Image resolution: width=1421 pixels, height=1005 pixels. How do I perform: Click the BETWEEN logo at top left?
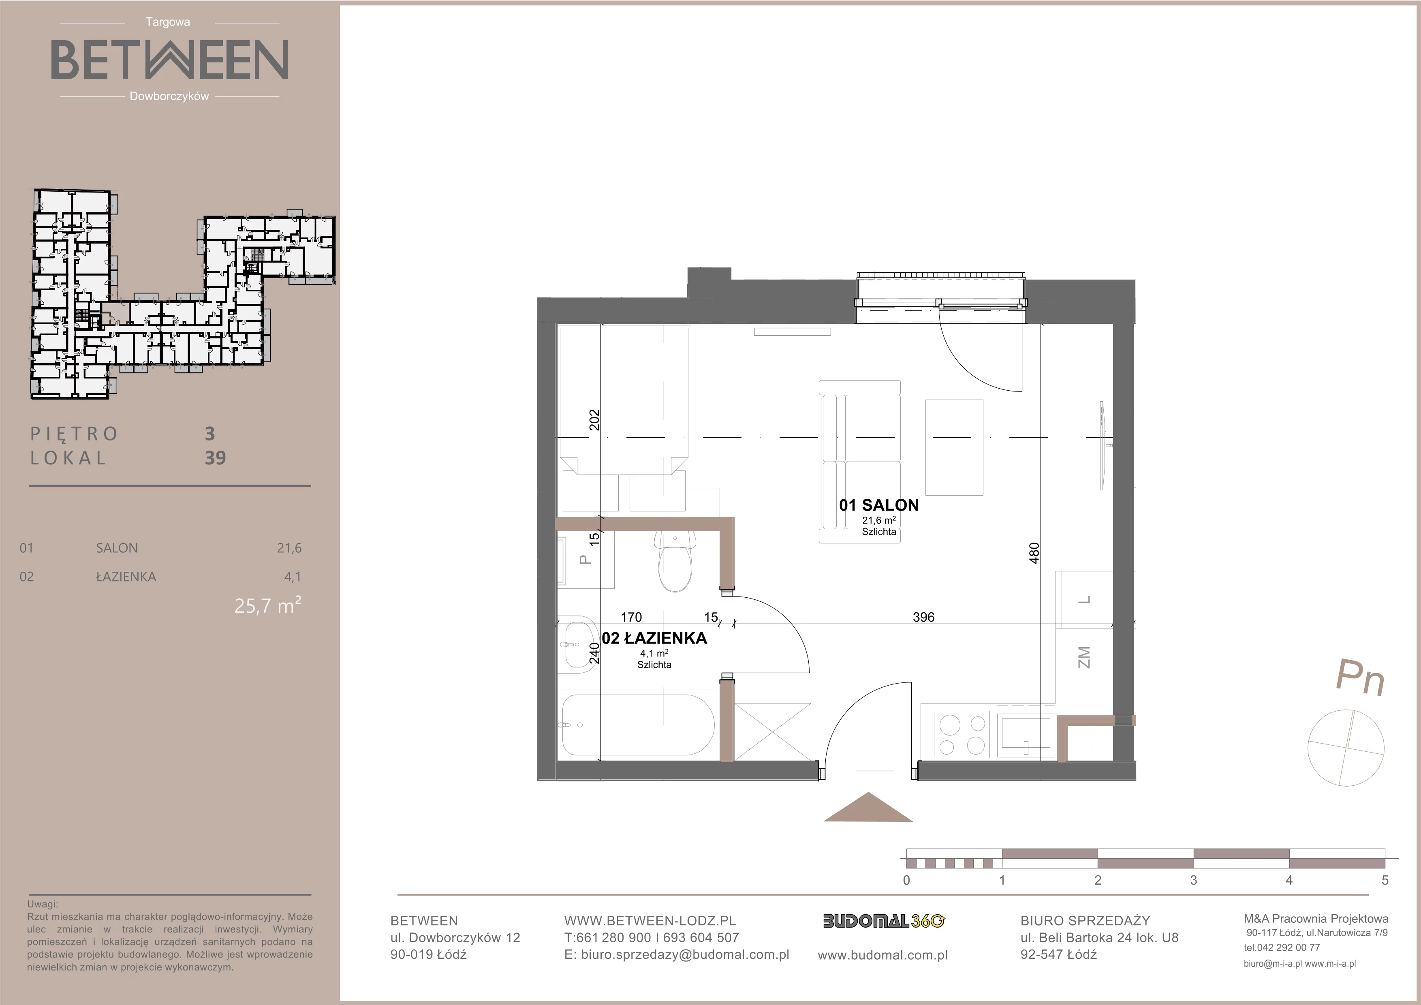click(x=169, y=60)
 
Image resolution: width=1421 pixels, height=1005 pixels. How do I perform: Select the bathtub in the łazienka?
click(x=637, y=725)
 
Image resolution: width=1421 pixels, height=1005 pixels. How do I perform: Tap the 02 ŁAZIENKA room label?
click(x=654, y=638)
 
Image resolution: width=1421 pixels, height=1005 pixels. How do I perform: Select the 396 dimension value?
click(x=923, y=617)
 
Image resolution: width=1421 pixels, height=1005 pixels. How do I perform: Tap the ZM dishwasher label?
click(x=1084, y=657)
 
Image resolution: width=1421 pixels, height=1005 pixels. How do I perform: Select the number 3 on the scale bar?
click(x=1193, y=880)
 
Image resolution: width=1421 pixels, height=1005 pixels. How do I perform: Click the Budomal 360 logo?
click(x=884, y=922)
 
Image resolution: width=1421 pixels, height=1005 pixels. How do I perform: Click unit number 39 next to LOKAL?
click(x=216, y=458)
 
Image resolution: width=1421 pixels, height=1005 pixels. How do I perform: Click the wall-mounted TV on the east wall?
click(x=1103, y=446)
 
